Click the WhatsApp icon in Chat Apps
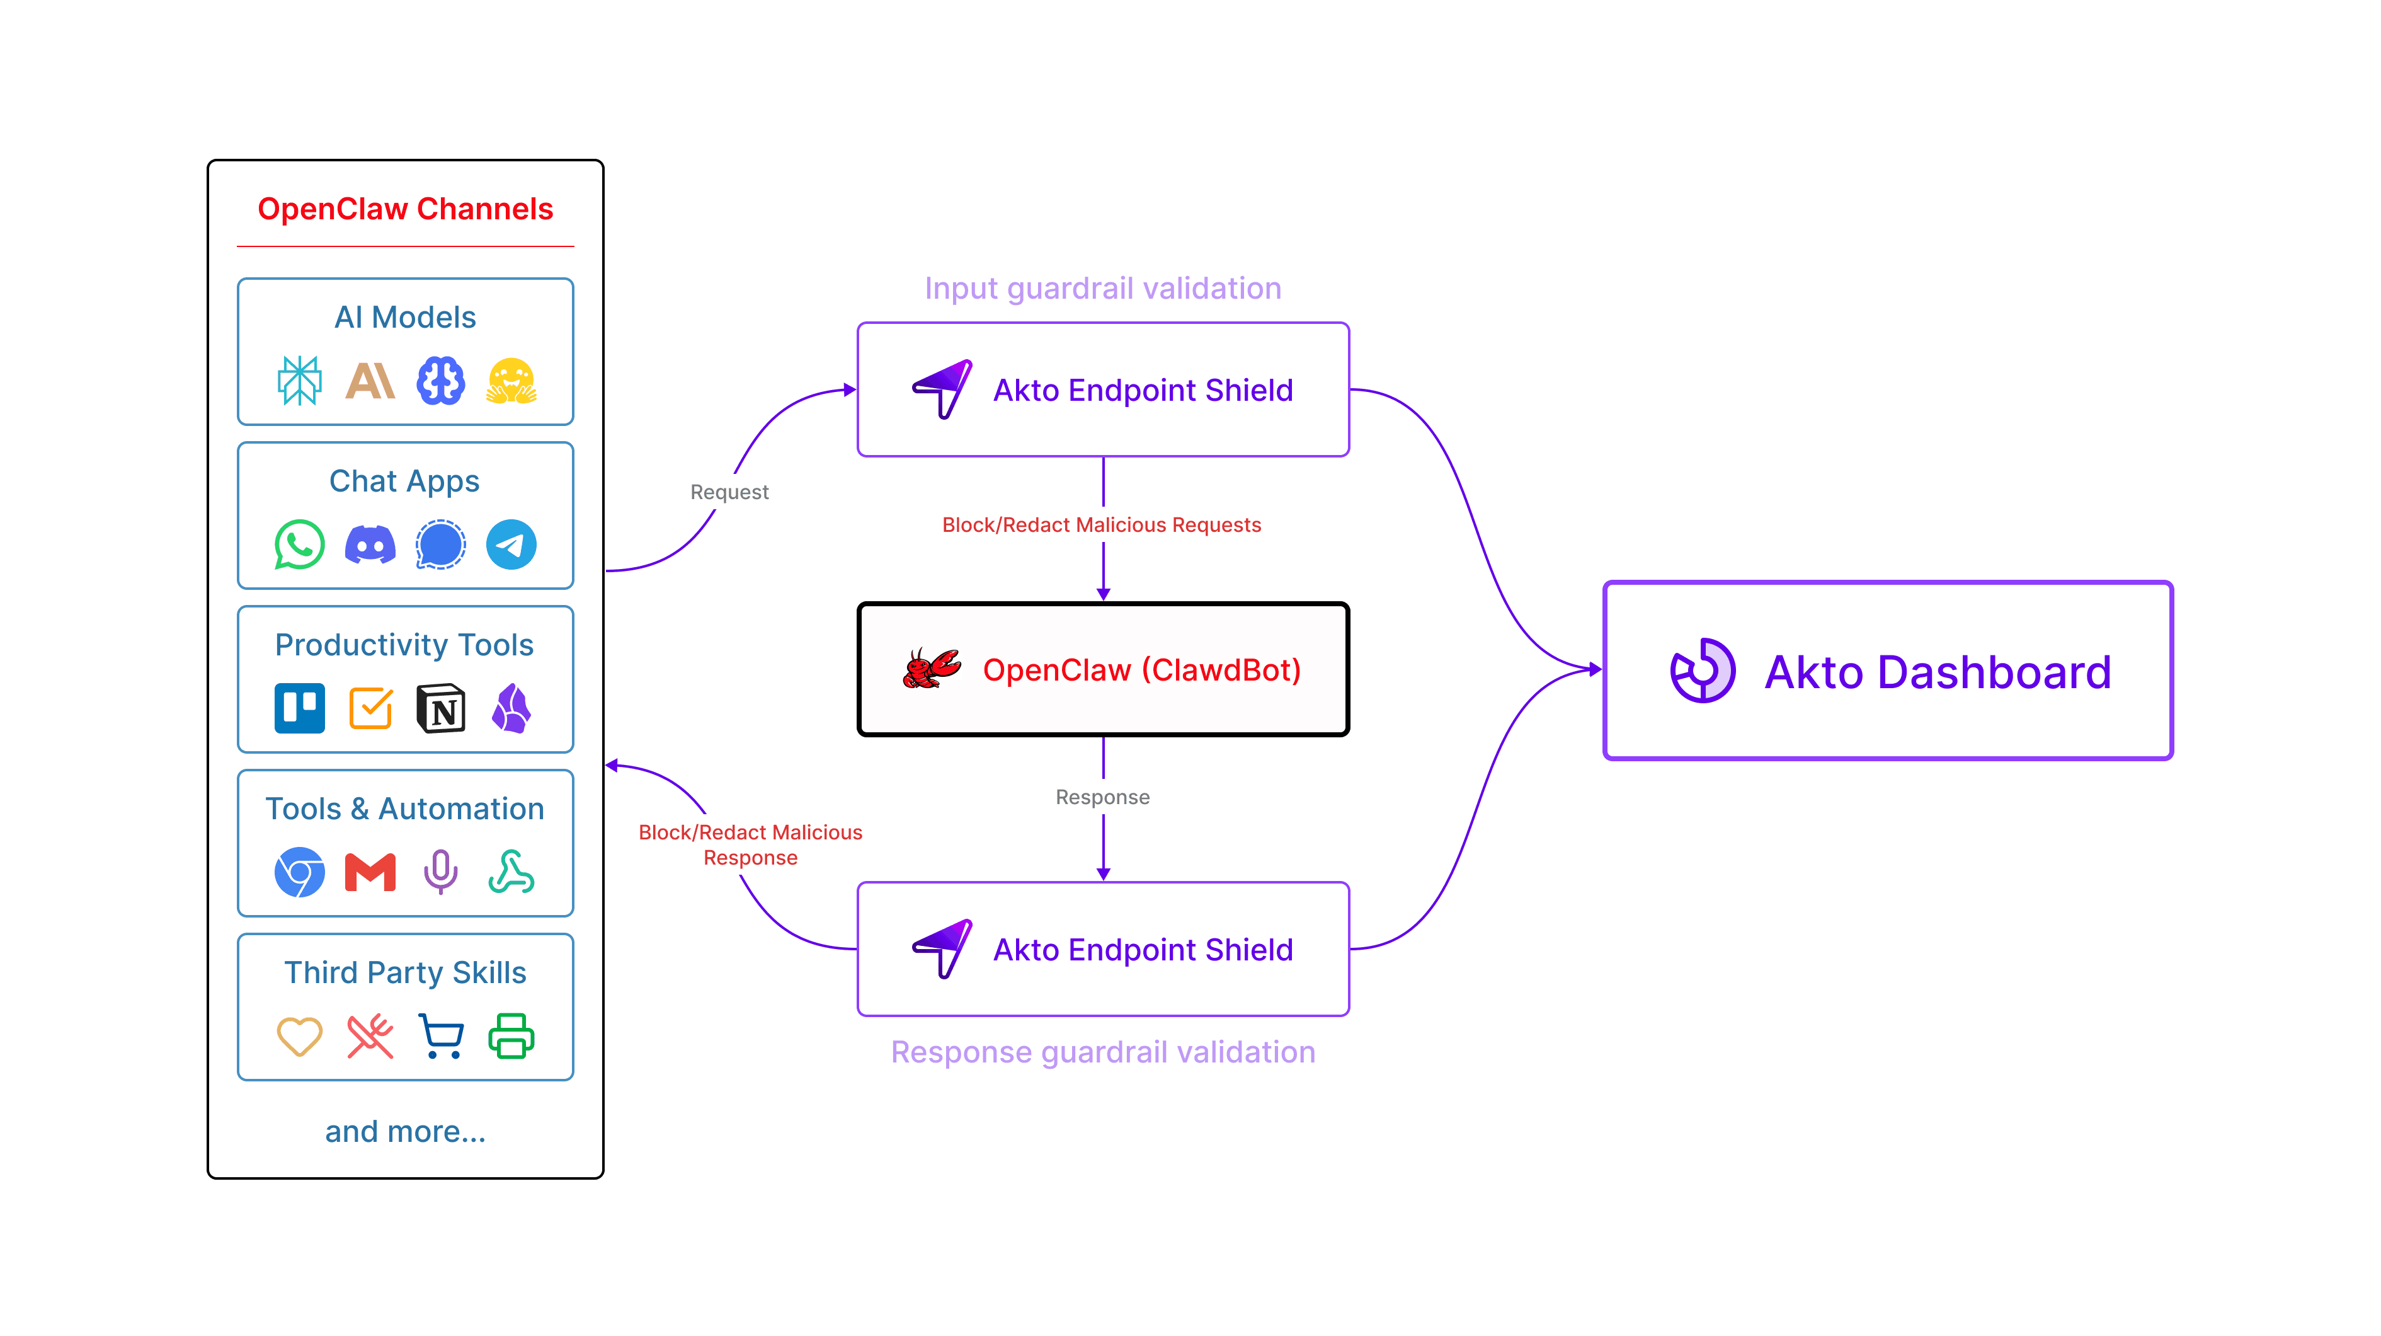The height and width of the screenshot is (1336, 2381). (299, 544)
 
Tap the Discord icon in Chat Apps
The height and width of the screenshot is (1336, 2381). (370, 544)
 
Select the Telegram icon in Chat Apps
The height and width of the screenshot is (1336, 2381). (511, 544)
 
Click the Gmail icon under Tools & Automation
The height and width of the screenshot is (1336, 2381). (370, 873)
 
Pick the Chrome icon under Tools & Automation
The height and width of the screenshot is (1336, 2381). (299, 873)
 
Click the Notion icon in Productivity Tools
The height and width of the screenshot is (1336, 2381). (441, 709)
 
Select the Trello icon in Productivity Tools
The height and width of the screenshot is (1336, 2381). (299, 708)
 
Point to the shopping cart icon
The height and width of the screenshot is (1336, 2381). (441, 1035)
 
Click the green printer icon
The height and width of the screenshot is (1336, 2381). (511, 1035)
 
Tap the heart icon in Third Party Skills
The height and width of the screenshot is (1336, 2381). (299, 1035)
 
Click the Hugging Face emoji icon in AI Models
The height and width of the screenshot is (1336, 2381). (511, 381)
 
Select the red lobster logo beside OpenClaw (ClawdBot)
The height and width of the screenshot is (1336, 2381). (931, 669)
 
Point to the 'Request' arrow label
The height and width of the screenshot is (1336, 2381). (729, 492)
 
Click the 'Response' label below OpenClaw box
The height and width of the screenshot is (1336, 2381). (1103, 797)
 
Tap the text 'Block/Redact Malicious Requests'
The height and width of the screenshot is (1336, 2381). (1101, 525)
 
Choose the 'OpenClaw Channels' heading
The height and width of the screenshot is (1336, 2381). (405, 209)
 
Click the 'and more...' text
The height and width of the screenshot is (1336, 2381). (405, 1132)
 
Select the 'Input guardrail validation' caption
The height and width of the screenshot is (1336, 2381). (1103, 289)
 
